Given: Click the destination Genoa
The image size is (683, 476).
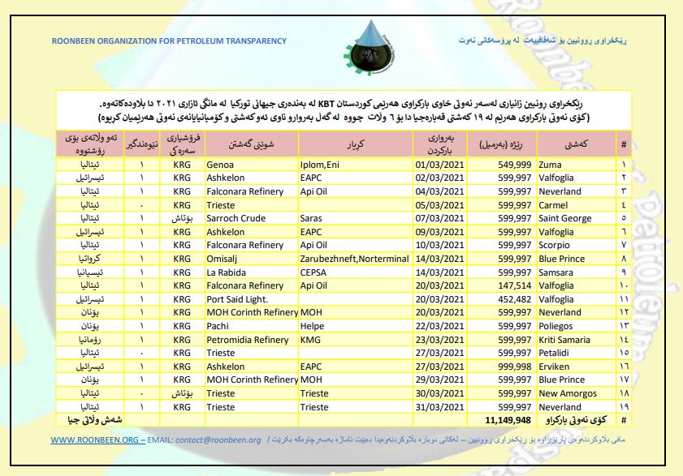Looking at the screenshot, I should (222, 164).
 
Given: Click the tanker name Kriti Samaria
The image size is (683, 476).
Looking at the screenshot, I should (567, 339).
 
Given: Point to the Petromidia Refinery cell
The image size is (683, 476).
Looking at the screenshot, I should (245, 339).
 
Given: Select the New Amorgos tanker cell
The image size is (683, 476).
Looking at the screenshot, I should (568, 393).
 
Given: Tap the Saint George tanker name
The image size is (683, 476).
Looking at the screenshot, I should (565, 218).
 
